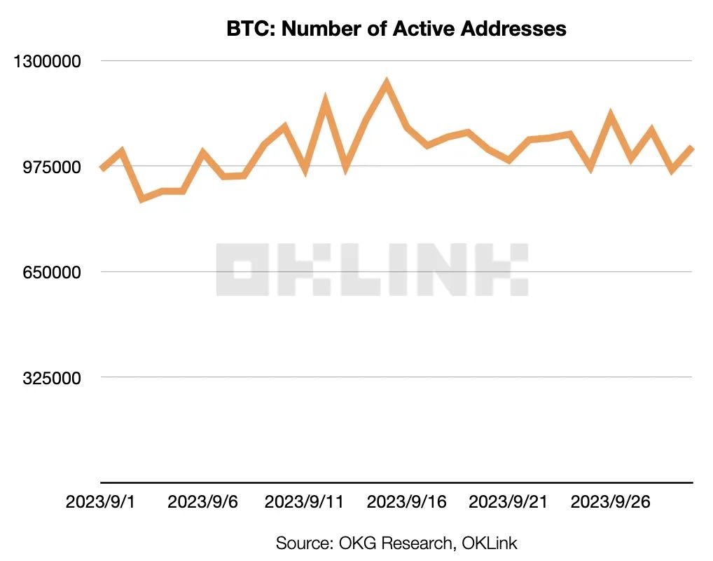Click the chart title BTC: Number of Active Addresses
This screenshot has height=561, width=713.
point(396,29)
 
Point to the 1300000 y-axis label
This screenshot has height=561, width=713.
point(53,61)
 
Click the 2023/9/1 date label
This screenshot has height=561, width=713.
point(100,502)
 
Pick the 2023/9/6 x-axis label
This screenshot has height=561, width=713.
point(202,502)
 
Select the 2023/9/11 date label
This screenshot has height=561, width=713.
point(304,502)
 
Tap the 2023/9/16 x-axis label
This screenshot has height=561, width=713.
point(406,502)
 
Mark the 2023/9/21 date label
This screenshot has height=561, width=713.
point(508,502)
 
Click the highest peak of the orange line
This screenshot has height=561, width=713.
point(386,83)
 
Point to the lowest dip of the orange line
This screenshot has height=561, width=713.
point(142,199)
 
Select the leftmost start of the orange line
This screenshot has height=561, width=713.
point(102,169)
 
